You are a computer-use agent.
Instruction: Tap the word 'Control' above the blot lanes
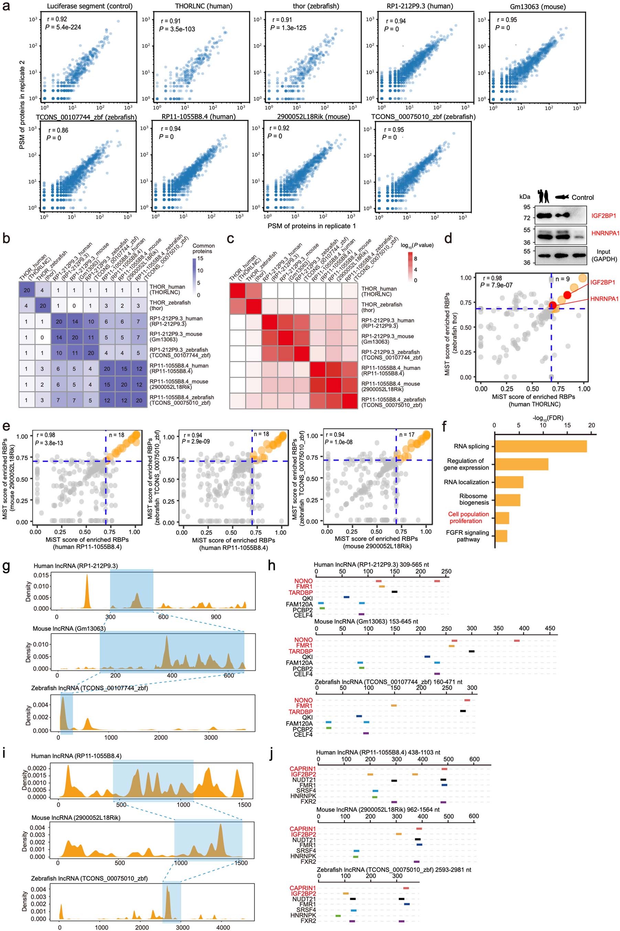click(x=583, y=198)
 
